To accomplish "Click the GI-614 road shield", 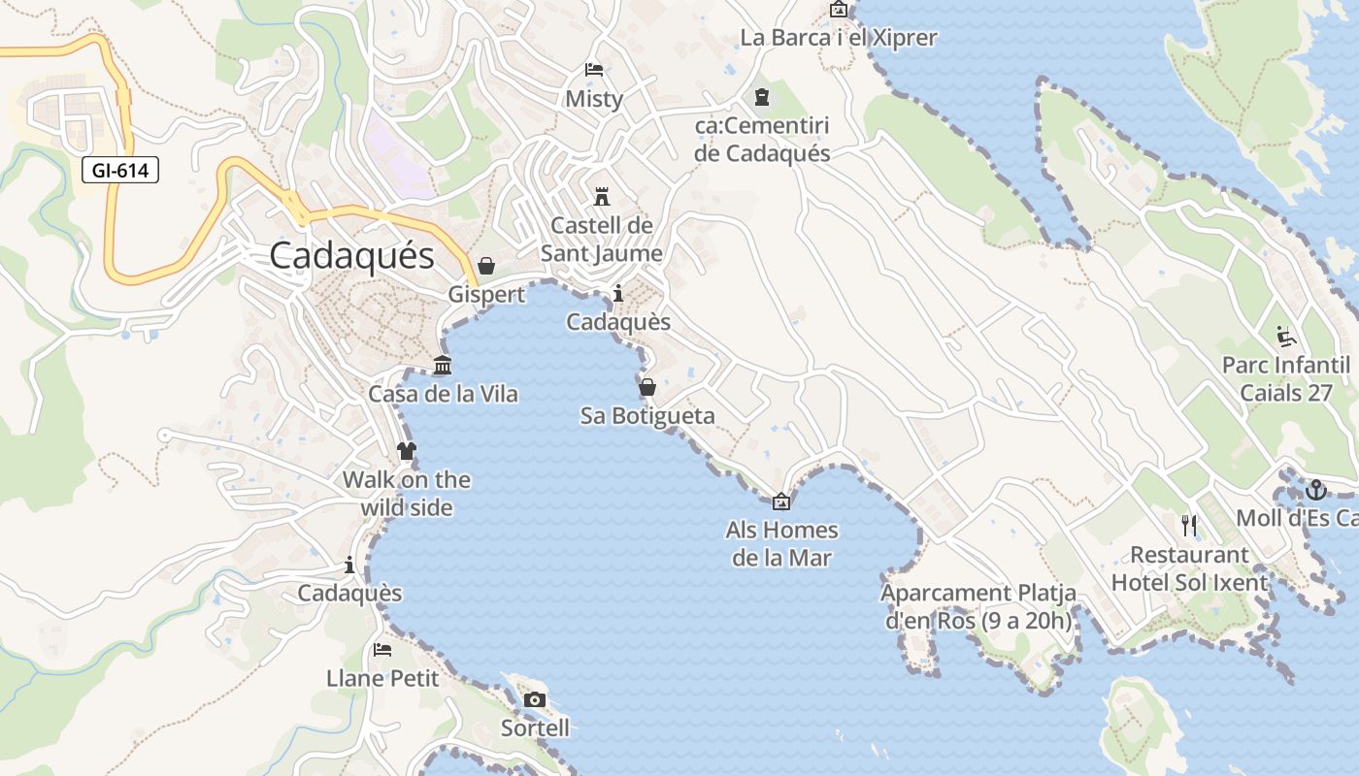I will [x=120, y=171].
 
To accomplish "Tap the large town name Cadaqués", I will [x=351, y=256].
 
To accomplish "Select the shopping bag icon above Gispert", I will [x=486, y=266].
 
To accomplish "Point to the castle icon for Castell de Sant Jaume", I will [x=602, y=197].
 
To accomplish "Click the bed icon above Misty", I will [x=594, y=70].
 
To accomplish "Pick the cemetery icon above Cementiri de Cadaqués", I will [x=762, y=97].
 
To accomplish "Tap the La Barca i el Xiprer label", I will [x=838, y=38].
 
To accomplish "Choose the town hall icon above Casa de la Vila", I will [x=443, y=366].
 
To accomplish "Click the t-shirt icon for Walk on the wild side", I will [x=406, y=451].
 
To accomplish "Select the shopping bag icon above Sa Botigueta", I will [x=647, y=388].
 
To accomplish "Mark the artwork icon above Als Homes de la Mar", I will [x=781, y=501].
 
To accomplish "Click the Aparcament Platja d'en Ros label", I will [x=978, y=606].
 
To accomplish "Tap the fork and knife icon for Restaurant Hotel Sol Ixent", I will [x=1189, y=526].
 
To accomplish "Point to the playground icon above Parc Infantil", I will [x=1286, y=337].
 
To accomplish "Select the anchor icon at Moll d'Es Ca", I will [x=1316, y=490].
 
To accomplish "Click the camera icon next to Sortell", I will [x=534, y=700].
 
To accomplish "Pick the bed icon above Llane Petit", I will [x=382, y=650].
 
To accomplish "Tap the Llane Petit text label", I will [x=382, y=678].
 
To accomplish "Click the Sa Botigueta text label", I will [x=647, y=416].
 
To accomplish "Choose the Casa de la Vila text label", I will [x=443, y=395].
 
